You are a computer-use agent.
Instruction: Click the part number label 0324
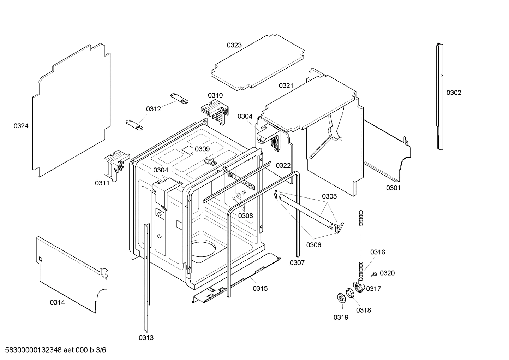21,126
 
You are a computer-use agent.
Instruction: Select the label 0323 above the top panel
234,45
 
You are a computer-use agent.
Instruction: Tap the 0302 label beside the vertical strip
454,93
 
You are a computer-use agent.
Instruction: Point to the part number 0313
146,337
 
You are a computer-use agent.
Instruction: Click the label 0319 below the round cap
341,317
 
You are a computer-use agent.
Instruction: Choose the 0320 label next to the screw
387,273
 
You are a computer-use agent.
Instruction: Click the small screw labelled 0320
374,274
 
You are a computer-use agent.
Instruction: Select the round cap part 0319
341,298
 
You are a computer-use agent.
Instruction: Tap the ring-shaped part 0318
350,293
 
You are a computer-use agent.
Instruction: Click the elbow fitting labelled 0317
359,285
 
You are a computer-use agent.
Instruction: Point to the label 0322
283,165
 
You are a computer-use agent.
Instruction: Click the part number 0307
297,262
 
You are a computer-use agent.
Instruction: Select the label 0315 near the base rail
260,288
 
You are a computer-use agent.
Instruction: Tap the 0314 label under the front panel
57,302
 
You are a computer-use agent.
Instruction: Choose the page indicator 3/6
101,350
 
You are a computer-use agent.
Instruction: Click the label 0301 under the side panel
393,188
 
